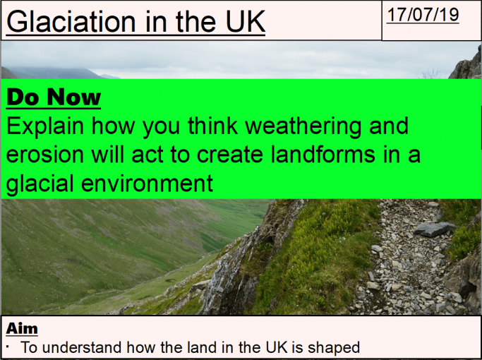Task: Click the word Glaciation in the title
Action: [x=67, y=23]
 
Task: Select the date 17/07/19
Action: [x=423, y=16]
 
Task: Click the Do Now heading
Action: [x=54, y=97]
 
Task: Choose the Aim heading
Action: [x=22, y=328]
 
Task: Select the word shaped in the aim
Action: [x=335, y=347]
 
